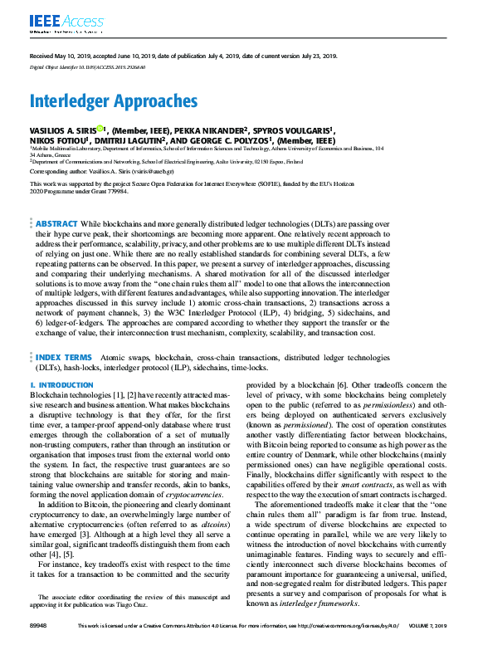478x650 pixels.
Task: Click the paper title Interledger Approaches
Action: point(114,101)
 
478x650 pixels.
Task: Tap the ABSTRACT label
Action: point(56,224)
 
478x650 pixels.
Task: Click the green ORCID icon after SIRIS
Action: point(99,129)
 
